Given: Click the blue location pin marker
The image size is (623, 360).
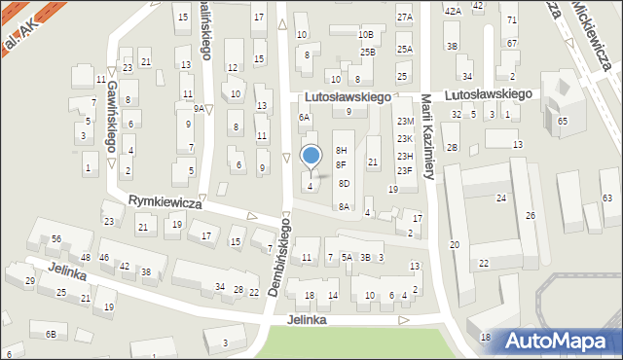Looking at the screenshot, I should (x=311, y=157).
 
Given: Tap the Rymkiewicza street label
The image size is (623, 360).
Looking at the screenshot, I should (x=165, y=202).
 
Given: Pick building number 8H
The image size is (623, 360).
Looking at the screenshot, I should (x=341, y=150).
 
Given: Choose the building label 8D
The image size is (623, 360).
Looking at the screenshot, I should (x=344, y=183).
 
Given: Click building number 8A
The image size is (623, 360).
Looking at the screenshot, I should (x=344, y=206).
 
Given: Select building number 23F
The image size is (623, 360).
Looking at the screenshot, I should (x=404, y=171).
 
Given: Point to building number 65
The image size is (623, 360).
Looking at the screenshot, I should (x=563, y=121).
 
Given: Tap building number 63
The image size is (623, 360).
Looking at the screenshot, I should (x=606, y=198).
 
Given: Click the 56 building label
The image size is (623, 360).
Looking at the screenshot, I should (x=56, y=239).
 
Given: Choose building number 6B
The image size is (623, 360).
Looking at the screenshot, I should (x=50, y=335).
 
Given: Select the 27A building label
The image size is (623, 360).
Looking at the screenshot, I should (x=404, y=18).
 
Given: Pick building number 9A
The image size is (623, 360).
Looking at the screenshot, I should (x=199, y=109).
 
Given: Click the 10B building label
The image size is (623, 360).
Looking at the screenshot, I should (x=365, y=34).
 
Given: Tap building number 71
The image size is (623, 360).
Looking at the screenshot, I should (x=512, y=19).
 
